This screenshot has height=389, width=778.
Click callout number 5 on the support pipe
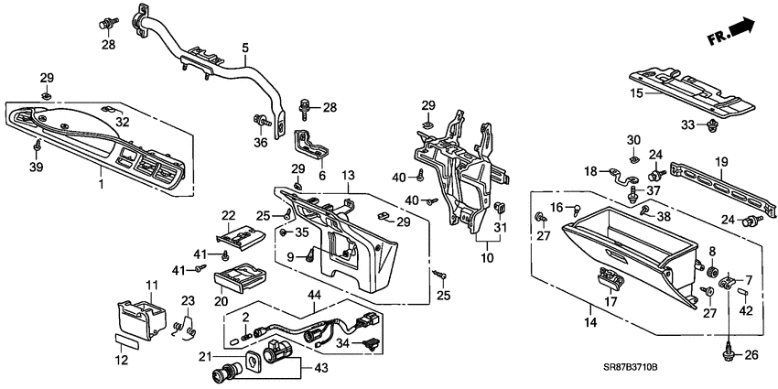244,47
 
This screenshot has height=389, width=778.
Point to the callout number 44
313,295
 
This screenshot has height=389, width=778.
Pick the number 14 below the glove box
591,323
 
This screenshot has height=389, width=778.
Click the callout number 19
720,162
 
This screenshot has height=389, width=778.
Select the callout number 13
347,175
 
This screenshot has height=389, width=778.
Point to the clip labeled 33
712,125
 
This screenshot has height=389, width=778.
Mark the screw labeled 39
37,146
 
